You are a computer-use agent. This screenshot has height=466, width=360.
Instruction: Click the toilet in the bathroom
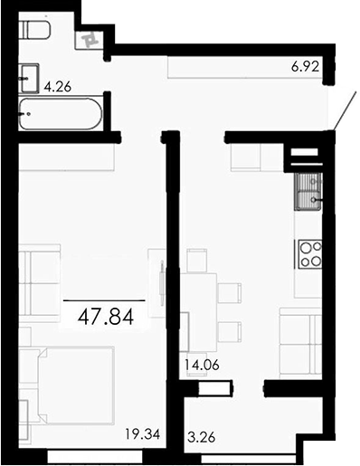point(35,31)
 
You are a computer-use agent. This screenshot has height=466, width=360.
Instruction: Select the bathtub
point(60,115)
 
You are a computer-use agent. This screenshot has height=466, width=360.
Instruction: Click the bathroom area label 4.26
point(56,88)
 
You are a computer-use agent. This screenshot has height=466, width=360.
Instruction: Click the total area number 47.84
point(104,317)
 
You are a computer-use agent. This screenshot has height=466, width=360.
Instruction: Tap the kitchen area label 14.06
point(201,366)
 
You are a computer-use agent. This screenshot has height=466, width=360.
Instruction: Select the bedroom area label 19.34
point(143,434)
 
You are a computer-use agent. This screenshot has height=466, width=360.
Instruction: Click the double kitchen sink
point(308,190)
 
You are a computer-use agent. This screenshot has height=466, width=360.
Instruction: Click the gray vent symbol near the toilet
point(90,39)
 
